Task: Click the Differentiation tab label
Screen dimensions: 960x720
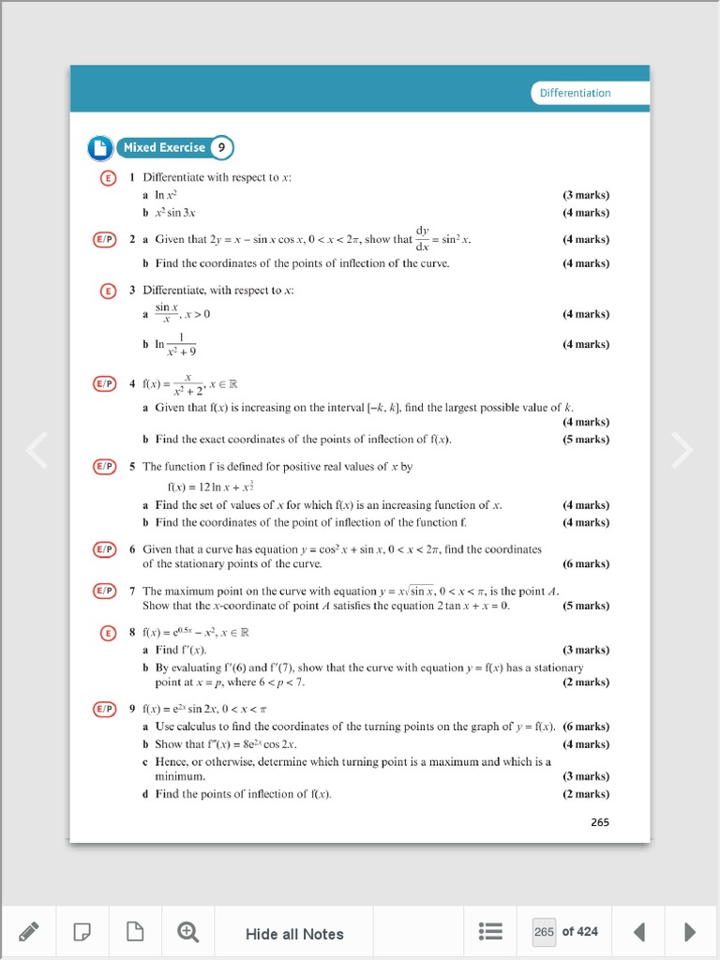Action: point(575,93)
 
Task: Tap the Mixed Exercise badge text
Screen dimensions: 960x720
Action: point(164,147)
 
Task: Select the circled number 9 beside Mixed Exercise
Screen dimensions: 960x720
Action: point(221,147)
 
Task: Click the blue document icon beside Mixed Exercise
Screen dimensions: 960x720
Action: point(100,148)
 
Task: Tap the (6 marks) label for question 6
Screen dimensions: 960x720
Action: point(586,563)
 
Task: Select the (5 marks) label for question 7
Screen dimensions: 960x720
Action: point(586,606)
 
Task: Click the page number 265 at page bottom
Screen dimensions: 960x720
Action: point(600,822)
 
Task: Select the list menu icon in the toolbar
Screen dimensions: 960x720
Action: point(490,931)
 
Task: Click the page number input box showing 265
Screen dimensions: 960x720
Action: point(544,931)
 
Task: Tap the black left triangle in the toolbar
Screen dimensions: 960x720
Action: point(639,931)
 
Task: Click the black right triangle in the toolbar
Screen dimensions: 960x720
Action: point(690,931)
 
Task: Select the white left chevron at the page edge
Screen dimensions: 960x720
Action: point(37,450)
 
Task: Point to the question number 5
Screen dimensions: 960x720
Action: point(133,466)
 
